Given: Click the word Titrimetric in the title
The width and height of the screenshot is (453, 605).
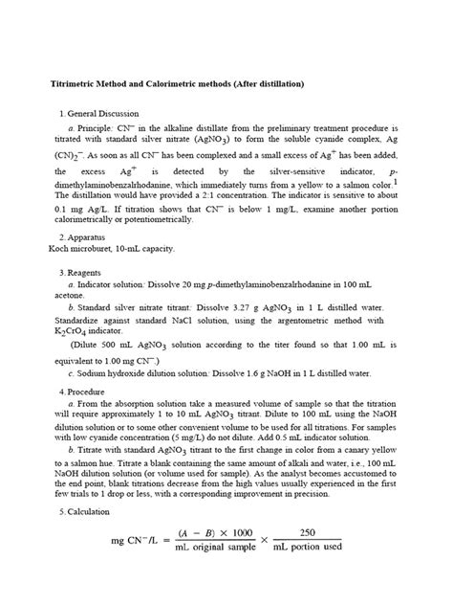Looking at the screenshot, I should click(75, 85).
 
